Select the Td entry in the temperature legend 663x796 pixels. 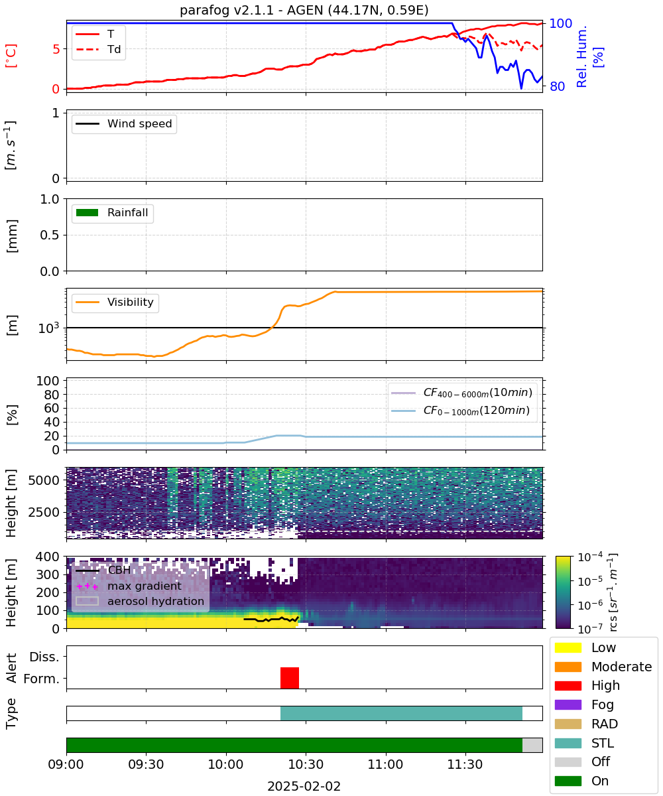[98, 49]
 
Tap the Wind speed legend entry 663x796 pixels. [124, 123]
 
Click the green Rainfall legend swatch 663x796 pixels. [88, 213]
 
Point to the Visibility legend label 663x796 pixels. [131, 302]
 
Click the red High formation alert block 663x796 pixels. [290, 678]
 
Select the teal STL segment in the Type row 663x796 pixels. [401, 713]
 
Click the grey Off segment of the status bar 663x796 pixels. [532, 745]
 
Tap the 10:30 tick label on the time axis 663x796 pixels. [306, 764]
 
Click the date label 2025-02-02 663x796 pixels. [304, 786]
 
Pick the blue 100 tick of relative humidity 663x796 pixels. [560, 23]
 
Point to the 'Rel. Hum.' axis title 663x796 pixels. [581, 56]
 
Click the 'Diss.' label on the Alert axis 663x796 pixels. [44, 657]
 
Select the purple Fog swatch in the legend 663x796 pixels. [568, 704]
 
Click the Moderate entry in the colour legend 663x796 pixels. [603, 667]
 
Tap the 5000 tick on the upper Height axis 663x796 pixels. [44, 480]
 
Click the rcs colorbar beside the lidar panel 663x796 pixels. [563, 592]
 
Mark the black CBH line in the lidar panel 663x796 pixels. [271, 619]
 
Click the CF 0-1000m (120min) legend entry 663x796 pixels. [461, 411]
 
